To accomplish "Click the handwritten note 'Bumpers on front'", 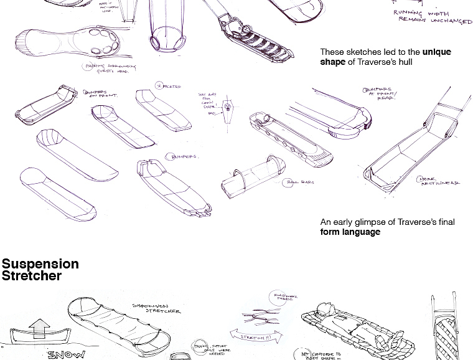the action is click(100, 93).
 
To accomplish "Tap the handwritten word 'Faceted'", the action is click(169, 87).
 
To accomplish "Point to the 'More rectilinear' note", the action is click(439, 181).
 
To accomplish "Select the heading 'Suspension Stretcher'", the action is click(40, 270).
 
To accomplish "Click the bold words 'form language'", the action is click(350, 232).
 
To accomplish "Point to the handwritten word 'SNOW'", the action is click(66, 354).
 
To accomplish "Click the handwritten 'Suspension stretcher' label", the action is click(156, 308).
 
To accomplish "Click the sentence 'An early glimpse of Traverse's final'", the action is click(387, 222).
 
